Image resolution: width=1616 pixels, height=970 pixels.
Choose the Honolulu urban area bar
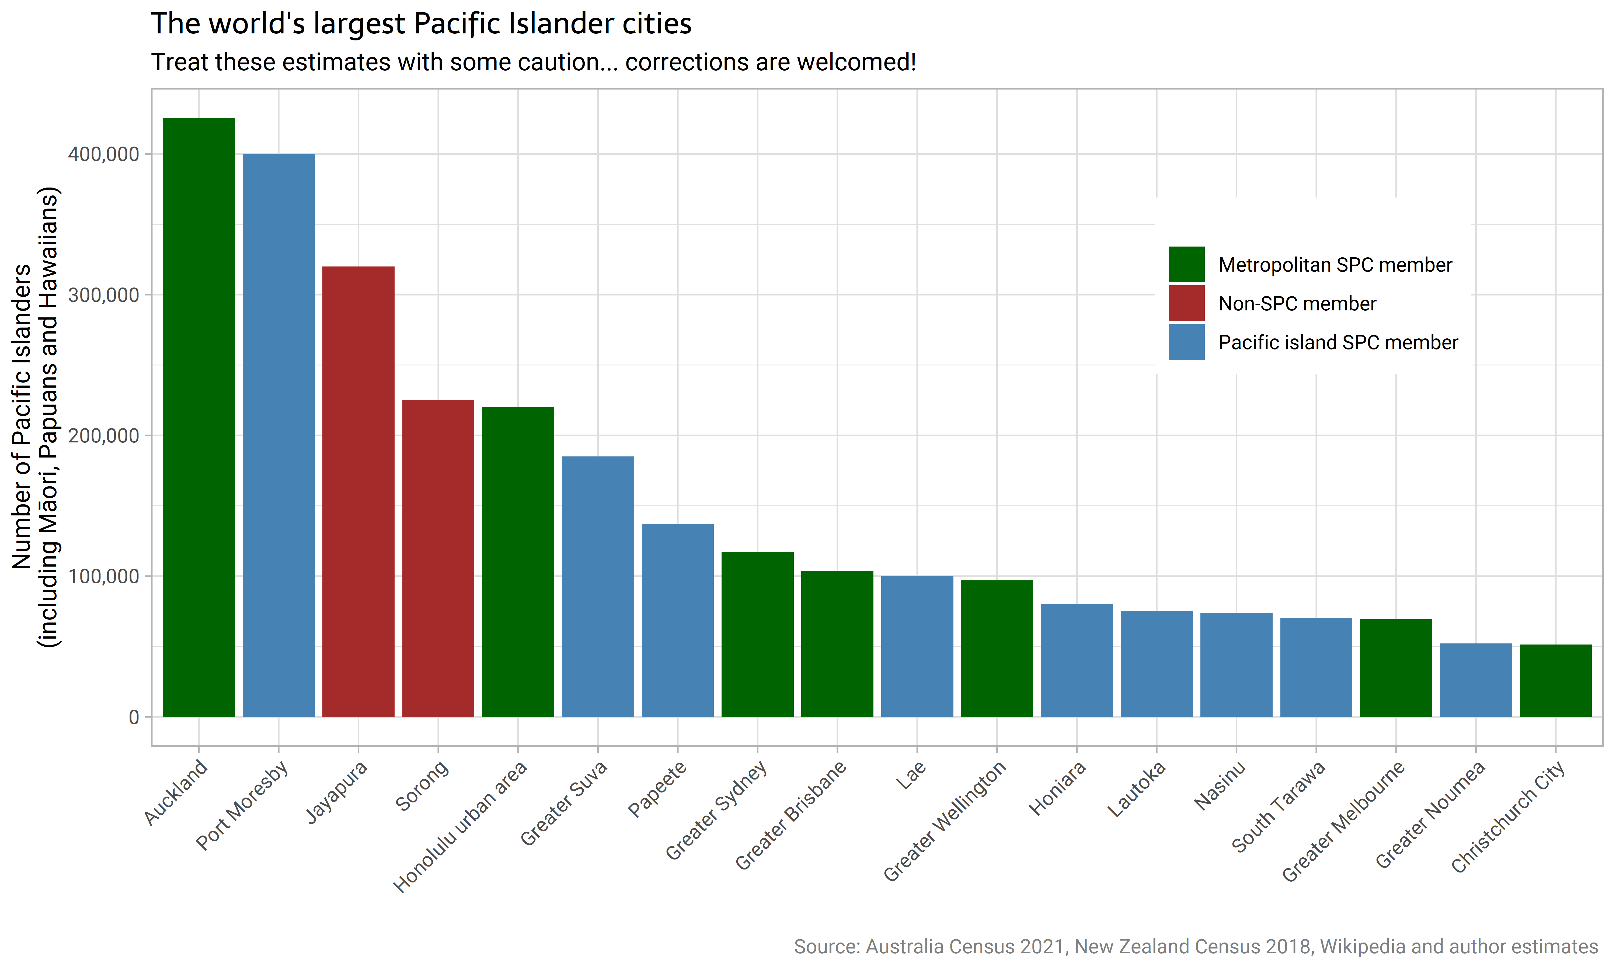click(518, 562)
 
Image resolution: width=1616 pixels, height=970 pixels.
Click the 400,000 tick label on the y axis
click(104, 154)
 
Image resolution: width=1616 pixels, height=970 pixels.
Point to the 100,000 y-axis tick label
click(104, 577)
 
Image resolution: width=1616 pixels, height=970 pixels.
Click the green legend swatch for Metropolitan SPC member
click(1186, 264)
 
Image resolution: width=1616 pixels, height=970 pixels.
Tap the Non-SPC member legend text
click(1297, 304)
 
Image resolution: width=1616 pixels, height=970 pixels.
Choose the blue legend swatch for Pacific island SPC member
click(1186, 342)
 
